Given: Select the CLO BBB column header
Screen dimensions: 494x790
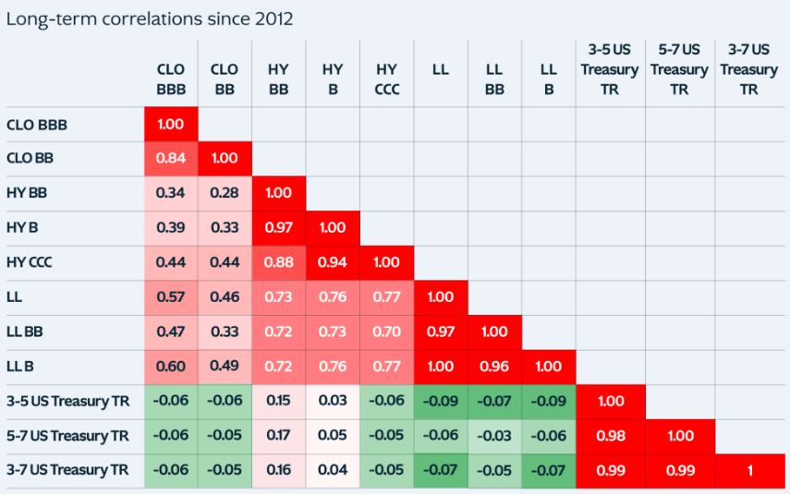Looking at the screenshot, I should click(x=171, y=79).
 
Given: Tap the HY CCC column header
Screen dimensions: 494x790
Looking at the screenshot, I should click(x=387, y=79).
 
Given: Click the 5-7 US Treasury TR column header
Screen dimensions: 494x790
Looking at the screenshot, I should click(x=679, y=69).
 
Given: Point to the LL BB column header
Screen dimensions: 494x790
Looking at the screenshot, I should click(x=494, y=79).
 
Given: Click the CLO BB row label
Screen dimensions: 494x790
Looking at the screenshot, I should click(x=30, y=158).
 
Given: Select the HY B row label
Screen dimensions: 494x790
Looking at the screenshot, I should click(x=23, y=227).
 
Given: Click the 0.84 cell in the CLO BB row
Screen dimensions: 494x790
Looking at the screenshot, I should click(x=171, y=158).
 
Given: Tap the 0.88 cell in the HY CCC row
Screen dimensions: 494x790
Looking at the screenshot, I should click(x=279, y=262).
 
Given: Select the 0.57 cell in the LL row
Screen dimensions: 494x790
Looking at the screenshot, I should click(x=171, y=297).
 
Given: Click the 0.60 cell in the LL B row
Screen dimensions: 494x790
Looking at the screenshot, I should click(x=171, y=367).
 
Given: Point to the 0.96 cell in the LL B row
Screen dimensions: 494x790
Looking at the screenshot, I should click(x=494, y=367).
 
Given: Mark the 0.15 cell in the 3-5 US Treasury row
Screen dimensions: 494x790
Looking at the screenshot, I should click(x=279, y=401).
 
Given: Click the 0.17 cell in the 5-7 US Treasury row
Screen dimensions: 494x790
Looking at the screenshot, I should click(x=279, y=436).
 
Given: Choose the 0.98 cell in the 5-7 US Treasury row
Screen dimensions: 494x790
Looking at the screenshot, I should click(x=611, y=436).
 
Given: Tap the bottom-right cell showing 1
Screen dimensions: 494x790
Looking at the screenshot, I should click(x=749, y=470).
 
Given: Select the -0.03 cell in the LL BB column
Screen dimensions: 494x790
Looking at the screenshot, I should click(x=494, y=436).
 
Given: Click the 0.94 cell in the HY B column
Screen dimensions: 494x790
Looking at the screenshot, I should click(x=333, y=262).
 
